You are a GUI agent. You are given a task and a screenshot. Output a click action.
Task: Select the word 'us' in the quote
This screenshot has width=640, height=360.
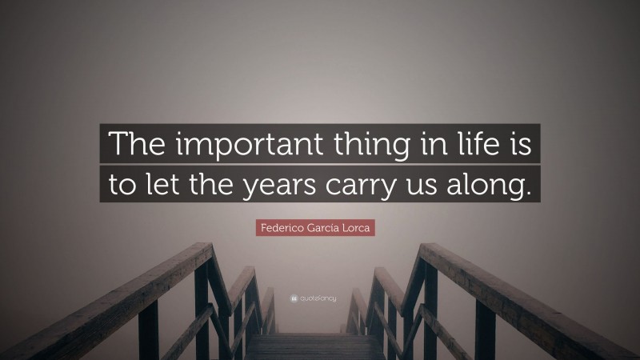pyautogui.click(x=442, y=186)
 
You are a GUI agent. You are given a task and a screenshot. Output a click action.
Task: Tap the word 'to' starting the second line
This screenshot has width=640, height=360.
pyautogui.click(x=124, y=186)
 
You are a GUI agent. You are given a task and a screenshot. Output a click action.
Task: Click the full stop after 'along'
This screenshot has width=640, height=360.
pyautogui.click(x=526, y=192)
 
